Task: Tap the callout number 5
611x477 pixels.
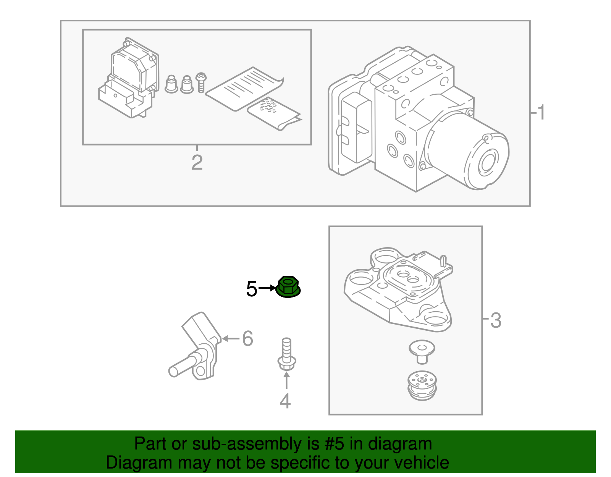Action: [x=252, y=289]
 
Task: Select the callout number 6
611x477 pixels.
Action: [x=247, y=338]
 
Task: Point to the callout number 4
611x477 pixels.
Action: [x=285, y=401]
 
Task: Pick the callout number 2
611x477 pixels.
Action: [x=197, y=163]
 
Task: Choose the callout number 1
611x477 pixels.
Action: [x=541, y=113]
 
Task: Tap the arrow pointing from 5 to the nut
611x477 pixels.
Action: [x=267, y=288]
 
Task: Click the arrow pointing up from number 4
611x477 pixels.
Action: [x=286, y=380]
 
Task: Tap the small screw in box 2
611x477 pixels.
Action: [x=201, y=82]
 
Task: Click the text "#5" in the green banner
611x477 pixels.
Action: [x=335, y=444]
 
